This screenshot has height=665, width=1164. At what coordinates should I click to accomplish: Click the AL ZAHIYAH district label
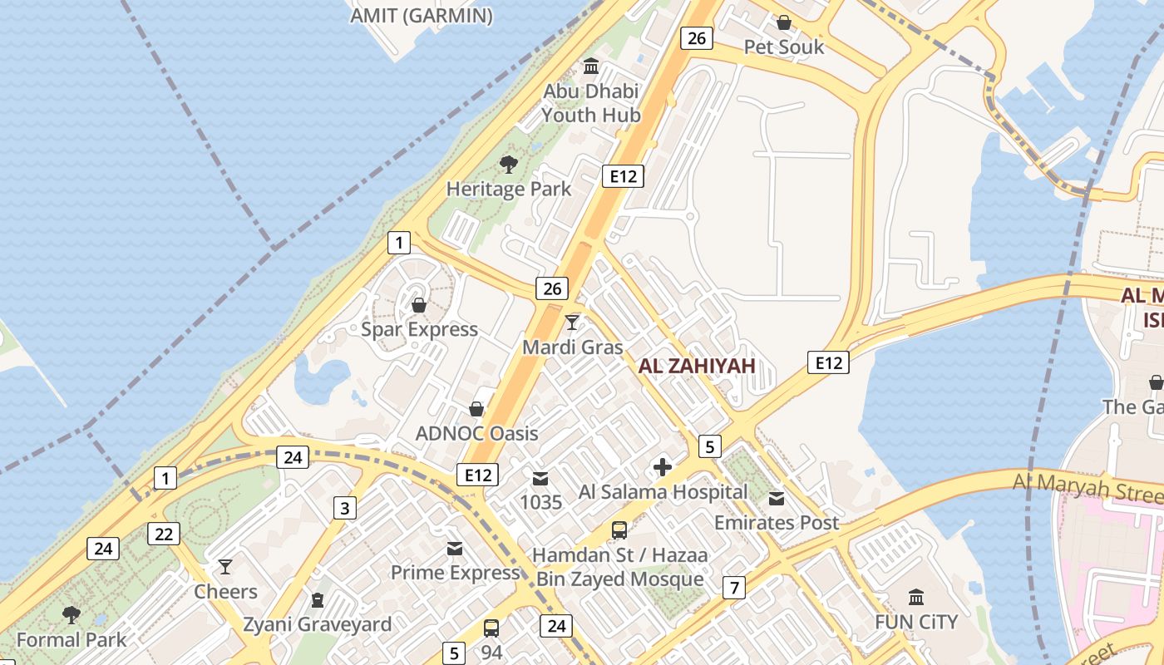[697, 366]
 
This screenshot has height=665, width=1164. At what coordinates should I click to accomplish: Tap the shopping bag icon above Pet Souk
[783, 22]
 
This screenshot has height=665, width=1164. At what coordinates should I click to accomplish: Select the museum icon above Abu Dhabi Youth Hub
[591, 66]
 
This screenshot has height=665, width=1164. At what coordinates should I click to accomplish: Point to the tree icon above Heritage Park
[508, 164]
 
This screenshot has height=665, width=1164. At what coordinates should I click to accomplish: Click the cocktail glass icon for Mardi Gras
[572, 322]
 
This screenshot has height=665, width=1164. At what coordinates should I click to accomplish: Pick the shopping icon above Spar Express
[419, 305]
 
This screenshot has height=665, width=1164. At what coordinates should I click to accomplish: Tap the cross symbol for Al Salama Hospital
[663, 467]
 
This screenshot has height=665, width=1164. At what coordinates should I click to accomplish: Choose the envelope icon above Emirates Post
[777, 498]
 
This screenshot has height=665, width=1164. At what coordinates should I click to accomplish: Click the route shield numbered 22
[164, 534]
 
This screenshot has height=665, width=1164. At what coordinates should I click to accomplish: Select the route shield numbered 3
[345, 508]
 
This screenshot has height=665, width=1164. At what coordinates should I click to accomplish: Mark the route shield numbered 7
[733, 588]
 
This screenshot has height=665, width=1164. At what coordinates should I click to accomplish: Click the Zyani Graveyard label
[317, 624]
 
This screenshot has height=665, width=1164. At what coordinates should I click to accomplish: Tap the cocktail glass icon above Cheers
[225, 567]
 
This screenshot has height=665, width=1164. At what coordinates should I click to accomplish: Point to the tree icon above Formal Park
[72, 615]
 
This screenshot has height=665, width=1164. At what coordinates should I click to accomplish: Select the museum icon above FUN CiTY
[916, 597]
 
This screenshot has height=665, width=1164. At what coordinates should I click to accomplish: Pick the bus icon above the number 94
[491, 628]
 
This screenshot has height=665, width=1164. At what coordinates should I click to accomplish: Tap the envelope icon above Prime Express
[455, 549]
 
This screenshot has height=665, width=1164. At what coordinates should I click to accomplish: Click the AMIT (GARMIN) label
[422, 16]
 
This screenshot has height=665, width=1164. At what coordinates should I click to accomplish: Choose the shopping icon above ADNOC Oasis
[476, 409]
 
